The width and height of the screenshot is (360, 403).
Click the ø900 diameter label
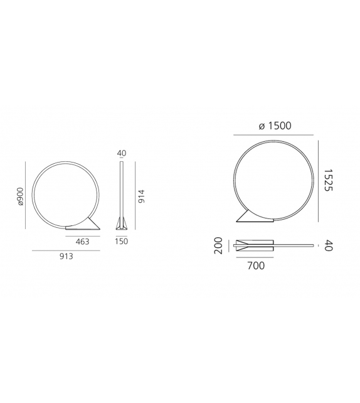pyautogui.click(x=20, y=196)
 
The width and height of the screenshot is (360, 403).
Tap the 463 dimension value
pyautogui.click(x=82, y=241)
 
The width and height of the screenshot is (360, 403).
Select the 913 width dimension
pyautogui.click(x=66, y=256)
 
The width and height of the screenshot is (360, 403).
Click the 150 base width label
pyautogui.click(x=122, y=241)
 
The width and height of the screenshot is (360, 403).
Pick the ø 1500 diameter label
pyautogui.click(x=275, y=126)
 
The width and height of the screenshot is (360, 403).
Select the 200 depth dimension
pyautogui.click(x=219, y=245)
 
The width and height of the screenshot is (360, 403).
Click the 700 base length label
pyautogui.click(x=256, y=266)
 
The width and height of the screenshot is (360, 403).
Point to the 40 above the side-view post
pyautogui.click(x=122, y=153)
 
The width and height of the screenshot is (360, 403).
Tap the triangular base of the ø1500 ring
pyautogui.click(x=255, y=217)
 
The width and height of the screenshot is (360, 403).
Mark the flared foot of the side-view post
pyautogui.click(x=122, y=223)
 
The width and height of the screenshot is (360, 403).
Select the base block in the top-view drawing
pyautogui.click(x=255, y=245)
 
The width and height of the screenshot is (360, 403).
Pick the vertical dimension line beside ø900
pyautogui.click(x=26, y=196)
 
